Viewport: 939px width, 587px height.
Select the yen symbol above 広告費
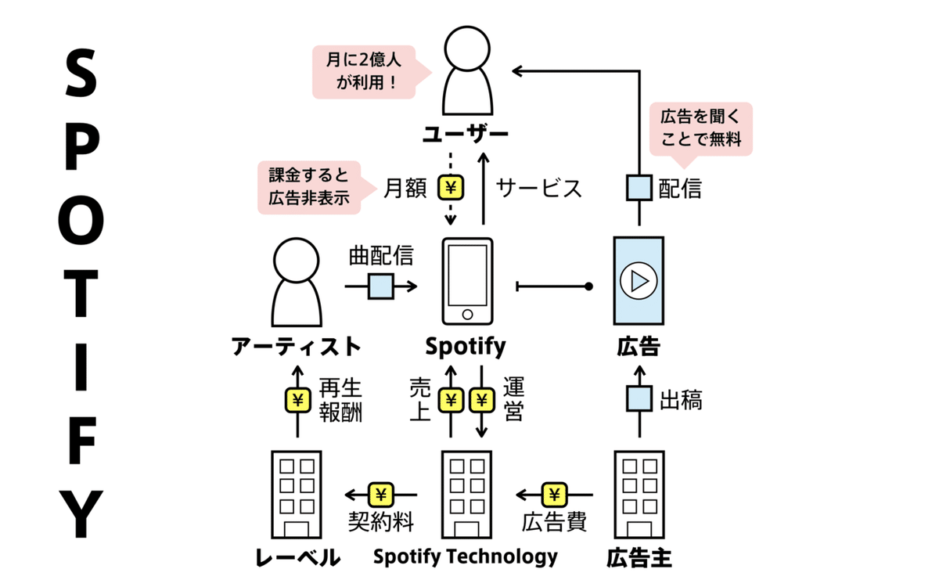coord(554,495)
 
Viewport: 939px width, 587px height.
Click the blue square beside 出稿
coord(639,399)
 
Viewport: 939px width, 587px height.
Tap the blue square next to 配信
coord(639,188)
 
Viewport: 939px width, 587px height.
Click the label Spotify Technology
coord(466,556)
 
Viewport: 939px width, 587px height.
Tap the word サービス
coord(539,189)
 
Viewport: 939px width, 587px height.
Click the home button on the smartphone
coord(467,314)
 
